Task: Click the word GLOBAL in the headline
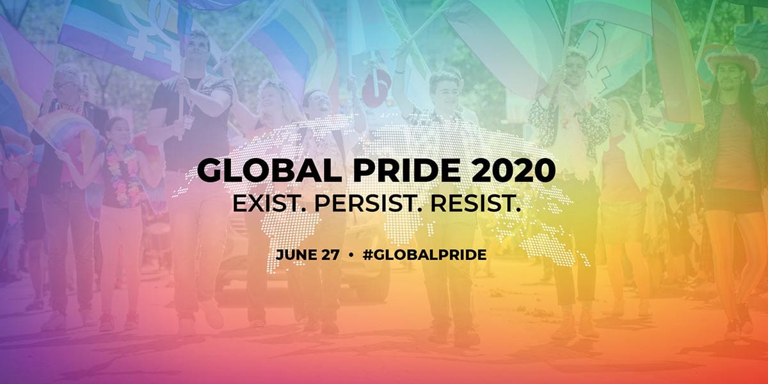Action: tap(269, 170)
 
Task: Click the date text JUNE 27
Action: tap(308, 255)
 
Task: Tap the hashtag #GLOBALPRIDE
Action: tap(425, 255)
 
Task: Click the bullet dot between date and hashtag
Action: tap(351, 255)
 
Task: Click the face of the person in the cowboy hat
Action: tap(729, 78)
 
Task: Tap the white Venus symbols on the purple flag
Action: tap(150, 31)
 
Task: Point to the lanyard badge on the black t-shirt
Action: tap(188, 121)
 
